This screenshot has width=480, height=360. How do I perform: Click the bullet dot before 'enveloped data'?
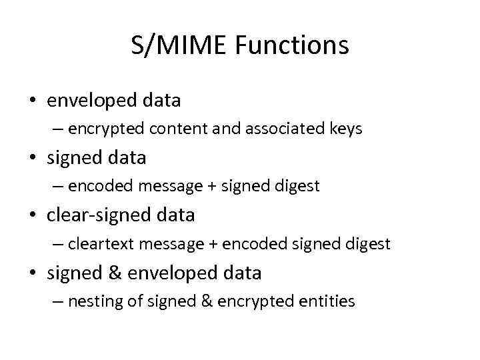coord(33,101)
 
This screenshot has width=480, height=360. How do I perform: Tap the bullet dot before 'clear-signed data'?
coord(33,216)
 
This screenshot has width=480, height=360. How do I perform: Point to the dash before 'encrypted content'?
coord(59,129)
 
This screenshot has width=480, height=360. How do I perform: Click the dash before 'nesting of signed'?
coord(59,302)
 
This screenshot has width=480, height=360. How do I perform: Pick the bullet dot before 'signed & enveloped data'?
coord(33,273)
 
